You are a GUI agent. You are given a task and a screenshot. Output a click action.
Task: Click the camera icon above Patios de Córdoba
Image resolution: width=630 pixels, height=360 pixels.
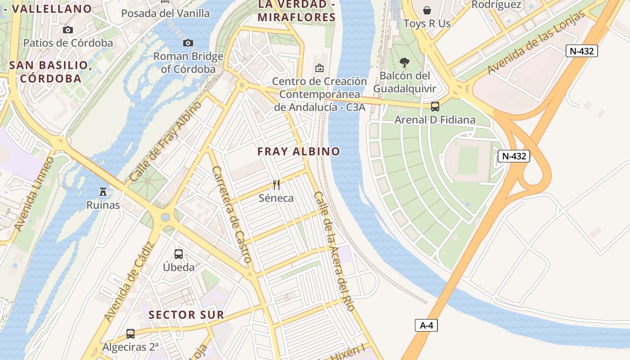pos(68,30)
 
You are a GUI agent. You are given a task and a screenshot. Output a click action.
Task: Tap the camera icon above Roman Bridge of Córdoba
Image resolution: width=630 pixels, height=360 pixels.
pos(188,43)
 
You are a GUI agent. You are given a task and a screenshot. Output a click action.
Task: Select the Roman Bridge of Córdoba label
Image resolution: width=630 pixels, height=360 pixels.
pos(189,63)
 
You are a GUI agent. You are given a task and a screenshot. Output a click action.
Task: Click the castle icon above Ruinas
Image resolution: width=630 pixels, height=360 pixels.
pos(103,192)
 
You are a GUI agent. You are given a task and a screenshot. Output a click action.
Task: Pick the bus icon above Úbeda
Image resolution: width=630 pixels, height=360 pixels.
pos(179,254)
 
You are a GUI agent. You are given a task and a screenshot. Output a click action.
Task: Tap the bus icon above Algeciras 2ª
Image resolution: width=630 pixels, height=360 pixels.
pos(130,334)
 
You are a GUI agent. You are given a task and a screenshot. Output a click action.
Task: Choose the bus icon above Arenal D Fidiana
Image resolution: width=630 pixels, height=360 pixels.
pos(435,107)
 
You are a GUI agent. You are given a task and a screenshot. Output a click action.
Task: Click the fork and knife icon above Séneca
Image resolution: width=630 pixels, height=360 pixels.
pos(276,184)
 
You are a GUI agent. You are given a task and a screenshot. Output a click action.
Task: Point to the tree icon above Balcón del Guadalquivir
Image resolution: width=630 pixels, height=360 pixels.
pos(405,62)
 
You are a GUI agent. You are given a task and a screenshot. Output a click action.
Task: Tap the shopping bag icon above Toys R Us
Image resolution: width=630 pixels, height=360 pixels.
pos(427,10)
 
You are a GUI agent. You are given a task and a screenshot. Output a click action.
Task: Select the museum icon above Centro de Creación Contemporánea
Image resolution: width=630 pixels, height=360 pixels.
pos(319,68)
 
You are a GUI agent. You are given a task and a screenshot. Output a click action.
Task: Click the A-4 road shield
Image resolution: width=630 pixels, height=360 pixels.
pos(426,325)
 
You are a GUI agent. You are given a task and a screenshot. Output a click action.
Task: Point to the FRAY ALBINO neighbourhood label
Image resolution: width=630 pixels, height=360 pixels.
pos(299,152)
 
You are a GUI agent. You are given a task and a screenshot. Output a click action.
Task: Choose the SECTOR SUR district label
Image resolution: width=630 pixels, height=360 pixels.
pos(186,315)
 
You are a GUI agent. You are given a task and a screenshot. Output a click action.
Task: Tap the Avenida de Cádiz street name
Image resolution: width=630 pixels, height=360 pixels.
pos(129,282)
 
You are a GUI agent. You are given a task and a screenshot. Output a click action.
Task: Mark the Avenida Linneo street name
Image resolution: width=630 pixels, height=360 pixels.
pos(34,194)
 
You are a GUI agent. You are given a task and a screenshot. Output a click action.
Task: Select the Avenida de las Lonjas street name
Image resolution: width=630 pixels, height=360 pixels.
pos(537,43)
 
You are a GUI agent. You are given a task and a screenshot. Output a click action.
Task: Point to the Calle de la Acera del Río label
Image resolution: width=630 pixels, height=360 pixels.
pos(334,252)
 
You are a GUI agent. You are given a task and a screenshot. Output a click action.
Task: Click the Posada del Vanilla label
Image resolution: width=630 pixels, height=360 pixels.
pos(166,13)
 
